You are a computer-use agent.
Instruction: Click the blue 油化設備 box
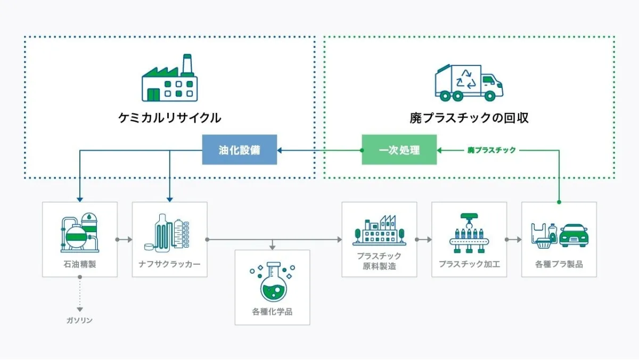(x=240, y=150)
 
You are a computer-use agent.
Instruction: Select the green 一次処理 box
(x=399, y=150)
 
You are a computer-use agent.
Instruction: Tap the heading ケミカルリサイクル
(x=170, y=118)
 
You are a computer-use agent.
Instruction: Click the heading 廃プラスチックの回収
(x=469, y=118)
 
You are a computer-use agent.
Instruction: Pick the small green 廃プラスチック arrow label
(x=491, y=150)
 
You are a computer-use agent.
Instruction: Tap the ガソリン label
(x=79, y=320)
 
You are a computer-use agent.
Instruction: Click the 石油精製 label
(x=79, y=264)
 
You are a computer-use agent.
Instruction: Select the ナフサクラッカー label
(x=169, y=264)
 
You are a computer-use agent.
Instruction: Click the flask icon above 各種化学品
(x=272, y=281)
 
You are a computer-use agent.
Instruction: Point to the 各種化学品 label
(x=272, y=312)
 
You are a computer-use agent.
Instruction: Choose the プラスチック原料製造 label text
(x=379, y=260)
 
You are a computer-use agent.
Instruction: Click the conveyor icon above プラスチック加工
(x=469, y=234)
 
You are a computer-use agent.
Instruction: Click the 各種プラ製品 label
(x=559, y=264)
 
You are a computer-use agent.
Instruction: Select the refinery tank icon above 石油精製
(x=79, y=232)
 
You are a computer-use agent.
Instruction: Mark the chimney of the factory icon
(x=187, y=64)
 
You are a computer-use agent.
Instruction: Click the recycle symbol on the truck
(x=465, y=79)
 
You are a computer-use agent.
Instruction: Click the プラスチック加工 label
(x=469, y=264)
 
